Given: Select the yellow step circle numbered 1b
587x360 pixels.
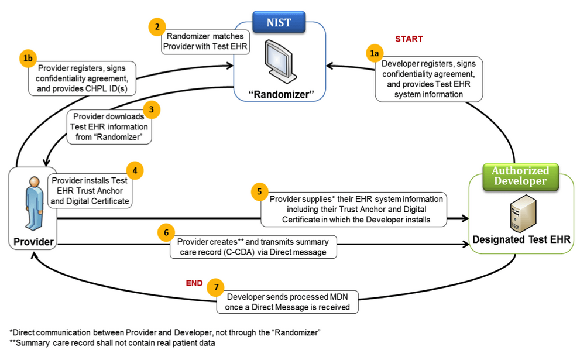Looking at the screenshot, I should click(26, 59).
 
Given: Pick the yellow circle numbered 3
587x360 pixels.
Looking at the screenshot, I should click(151, 109).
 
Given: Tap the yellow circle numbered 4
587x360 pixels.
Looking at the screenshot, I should click(135, 171).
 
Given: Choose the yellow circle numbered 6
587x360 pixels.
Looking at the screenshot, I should click(166, 233).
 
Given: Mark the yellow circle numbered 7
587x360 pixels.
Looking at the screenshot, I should click(215, 287).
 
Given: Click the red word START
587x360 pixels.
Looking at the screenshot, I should click(409, 39).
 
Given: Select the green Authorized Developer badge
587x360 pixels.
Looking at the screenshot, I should click(520, 176).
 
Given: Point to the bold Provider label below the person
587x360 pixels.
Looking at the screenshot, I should click(33, 242).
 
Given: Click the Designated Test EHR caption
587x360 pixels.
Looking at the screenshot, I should click(520, 239).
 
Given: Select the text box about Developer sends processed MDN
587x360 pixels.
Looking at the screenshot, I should click(287, 301).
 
